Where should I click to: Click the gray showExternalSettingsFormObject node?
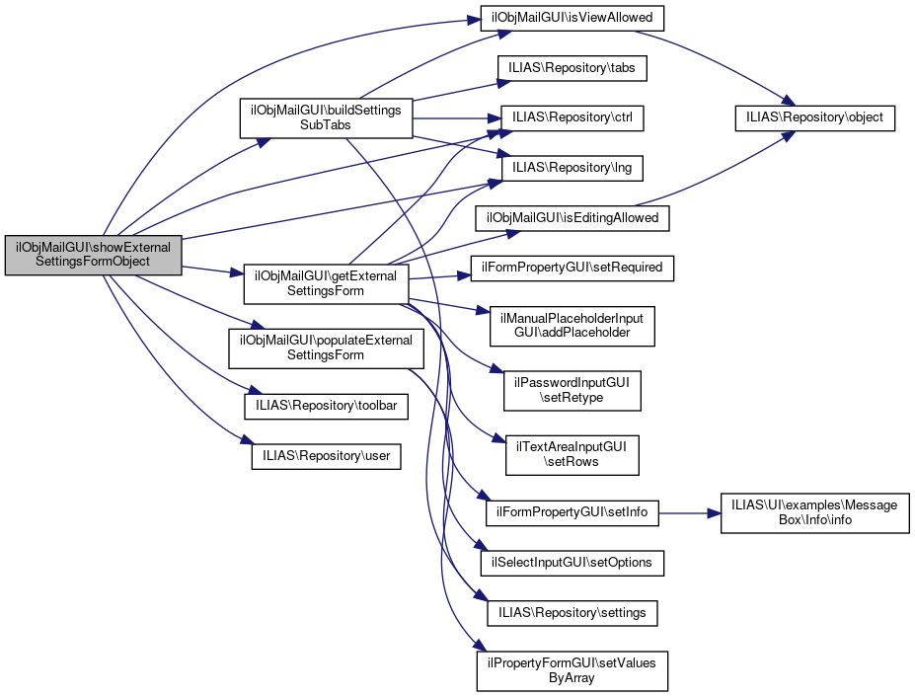point(94,255)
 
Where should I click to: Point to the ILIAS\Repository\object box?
point(815,118)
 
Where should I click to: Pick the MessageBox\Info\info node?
point(814,513)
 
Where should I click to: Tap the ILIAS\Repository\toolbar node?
point(326,405)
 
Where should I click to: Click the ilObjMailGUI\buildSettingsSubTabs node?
point(326,118)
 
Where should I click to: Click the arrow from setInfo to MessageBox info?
point(689,513)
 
